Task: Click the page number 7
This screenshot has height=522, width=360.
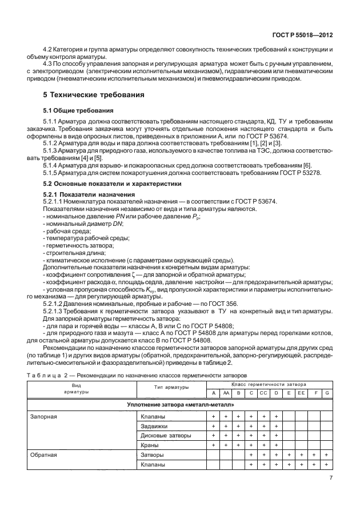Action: tap(331, 479)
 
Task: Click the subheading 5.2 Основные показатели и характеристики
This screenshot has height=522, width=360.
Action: tap(113, 184)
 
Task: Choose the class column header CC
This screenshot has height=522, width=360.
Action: tap(263, 393)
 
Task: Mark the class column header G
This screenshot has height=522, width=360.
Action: tap(326, 393)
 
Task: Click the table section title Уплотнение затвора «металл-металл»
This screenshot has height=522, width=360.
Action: tap(179, 405)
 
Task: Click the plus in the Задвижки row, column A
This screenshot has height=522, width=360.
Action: tap(213, 426)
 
